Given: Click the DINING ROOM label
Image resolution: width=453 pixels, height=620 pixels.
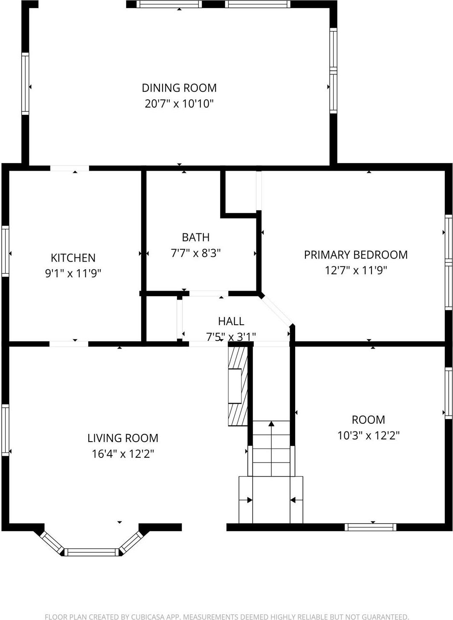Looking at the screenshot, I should [x=179, y=88].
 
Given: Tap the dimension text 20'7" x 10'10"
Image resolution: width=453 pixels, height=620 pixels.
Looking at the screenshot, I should [x=179, y=104].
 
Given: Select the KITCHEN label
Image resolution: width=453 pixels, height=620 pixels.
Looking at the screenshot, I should [x=73, y=258].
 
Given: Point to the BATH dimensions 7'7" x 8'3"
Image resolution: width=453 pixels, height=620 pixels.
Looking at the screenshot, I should [x=196, y=253].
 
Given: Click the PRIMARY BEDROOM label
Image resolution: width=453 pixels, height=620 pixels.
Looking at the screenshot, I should [x=356, y=255].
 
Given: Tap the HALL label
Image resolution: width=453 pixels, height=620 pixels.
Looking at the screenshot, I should [x=231, y=321].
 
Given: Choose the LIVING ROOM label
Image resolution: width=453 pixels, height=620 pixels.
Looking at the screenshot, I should [x=123, y=438].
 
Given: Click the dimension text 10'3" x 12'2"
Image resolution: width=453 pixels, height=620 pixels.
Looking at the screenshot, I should [x=368, y=436].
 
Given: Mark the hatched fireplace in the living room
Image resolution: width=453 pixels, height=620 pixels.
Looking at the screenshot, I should [x=238, y=386].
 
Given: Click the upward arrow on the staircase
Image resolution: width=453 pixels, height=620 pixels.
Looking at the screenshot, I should [x=271, y=424].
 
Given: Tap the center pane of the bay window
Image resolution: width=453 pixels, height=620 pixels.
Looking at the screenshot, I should [x=92, y=552].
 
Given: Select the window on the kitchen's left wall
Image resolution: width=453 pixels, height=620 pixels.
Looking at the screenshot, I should [x=5, y=251].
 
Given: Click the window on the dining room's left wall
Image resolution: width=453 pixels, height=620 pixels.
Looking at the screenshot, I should [x=25, y=84].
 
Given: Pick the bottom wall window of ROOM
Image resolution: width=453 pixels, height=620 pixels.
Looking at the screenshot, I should [x=370, y=527].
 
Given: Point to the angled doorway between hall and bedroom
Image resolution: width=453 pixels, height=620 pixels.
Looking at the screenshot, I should [x=276, y=311].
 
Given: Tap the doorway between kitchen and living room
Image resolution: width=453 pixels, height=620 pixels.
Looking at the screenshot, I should [x=69, y=344].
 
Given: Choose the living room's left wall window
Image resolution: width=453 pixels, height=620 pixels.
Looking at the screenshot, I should [x=5, y=430].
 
